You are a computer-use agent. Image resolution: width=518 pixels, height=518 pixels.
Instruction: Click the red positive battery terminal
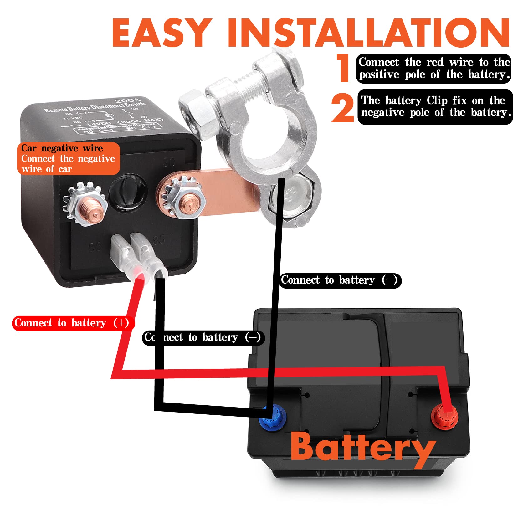[x=444, y=416]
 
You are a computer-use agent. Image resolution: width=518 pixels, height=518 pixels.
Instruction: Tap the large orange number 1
[x=344, y=68]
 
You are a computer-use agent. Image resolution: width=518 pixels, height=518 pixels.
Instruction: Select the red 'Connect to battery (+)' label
[x=73, y=323]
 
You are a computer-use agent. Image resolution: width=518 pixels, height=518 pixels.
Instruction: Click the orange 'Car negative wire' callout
[x=68, y=158]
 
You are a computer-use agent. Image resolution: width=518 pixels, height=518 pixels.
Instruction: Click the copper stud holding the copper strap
[x=187, y=202]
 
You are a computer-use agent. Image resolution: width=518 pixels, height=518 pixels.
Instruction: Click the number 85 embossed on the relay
[x=159, y=240]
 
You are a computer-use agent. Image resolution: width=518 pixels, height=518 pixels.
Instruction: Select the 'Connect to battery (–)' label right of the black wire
[x=339, y=280]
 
